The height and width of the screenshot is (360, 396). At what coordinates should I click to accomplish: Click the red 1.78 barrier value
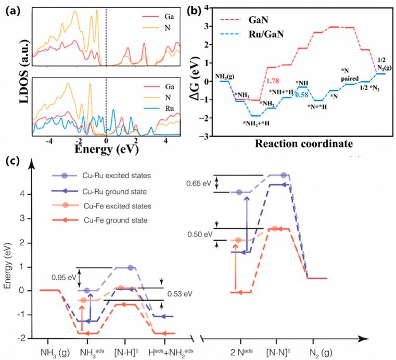click(x=275, y=79)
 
